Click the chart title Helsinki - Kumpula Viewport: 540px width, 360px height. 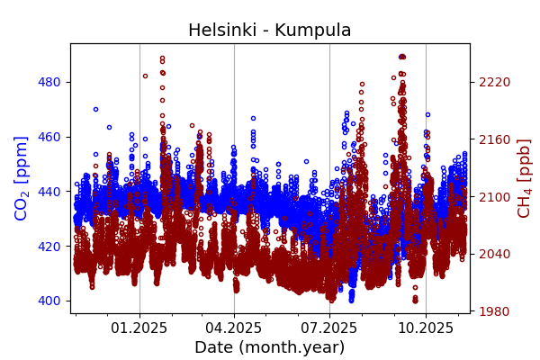(x=269, y=31)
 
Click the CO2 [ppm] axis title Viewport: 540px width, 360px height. (x=22, y=178)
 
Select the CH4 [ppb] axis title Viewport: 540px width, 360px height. (x=524, y=178)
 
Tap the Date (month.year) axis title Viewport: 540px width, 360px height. (x=269, y=347)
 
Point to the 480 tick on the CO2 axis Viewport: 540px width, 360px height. (x=49, y=82)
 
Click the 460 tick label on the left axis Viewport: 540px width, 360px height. (x=49, y=137)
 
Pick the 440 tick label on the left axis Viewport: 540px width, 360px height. (x=49, y=192)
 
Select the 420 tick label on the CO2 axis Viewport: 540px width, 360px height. (x=49, y=246)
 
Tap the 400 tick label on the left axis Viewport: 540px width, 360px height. (x=49, y=301)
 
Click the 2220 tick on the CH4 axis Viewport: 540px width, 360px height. (x=495, y=82)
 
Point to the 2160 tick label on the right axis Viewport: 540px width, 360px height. (x=495, y=139)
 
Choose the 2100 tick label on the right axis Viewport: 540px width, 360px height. (x=495, y=197)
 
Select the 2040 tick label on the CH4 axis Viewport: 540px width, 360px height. (x=495, y=254)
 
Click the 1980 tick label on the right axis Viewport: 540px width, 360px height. (x=495, y=311)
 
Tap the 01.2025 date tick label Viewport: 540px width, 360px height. (x=139, y=328)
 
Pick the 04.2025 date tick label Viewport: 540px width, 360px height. (x=234, y=328)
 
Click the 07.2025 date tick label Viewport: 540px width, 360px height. (x=329, y=328)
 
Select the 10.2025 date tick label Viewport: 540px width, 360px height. (x=426, y=328)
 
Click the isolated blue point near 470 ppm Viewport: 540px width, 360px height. (x=95, y=109)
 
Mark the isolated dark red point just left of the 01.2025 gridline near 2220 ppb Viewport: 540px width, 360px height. (x=145, y=76)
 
